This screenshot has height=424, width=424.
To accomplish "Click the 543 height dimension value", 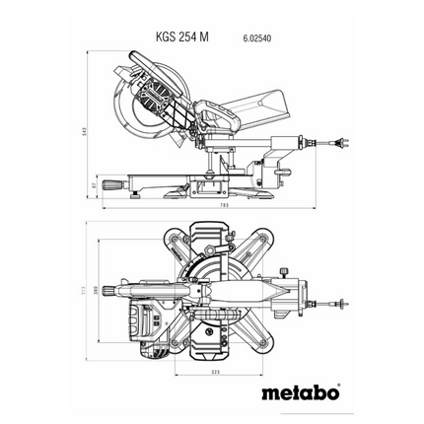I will (89, 128).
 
